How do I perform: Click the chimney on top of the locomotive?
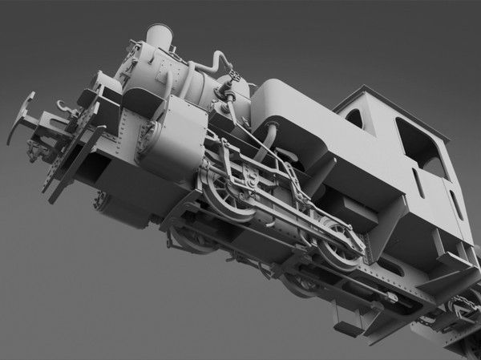pos(160,37)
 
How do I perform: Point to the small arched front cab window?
pos(354,119)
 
